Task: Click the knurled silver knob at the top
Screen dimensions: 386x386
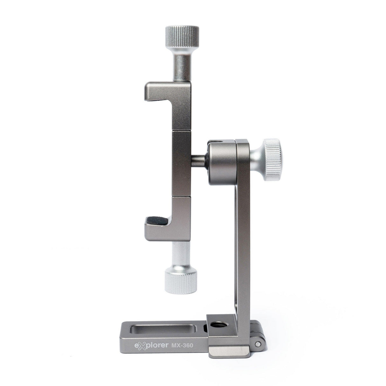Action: pyautogui.click(x=182, y=37)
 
